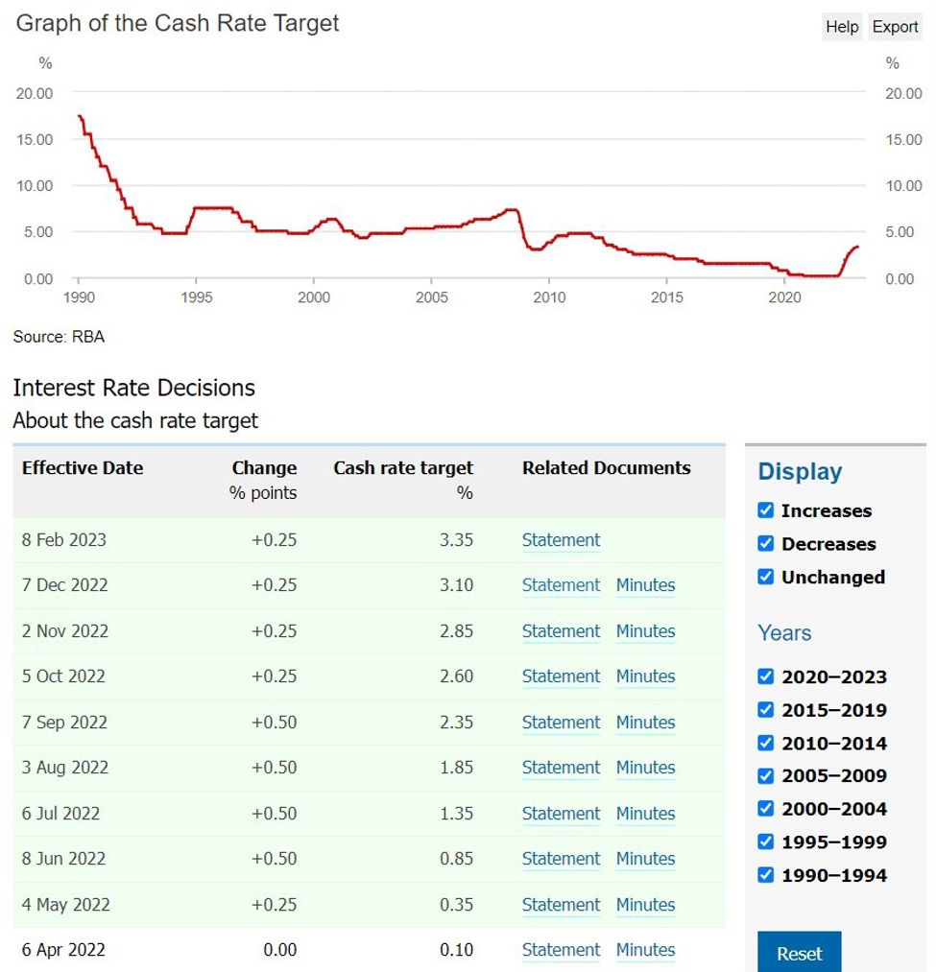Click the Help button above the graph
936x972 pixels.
coord(841,27)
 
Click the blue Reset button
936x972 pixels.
coord(799,953)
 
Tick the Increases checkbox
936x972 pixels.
coord(765,510)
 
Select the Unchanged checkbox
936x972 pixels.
coord(765,577)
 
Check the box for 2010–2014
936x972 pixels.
coord(765,743)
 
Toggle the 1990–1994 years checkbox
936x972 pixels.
coord(765,875)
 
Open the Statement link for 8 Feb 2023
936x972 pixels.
coord(561,540)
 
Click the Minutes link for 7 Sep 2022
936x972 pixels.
coord(645,723)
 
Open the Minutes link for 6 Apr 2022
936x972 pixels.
coord(645,950)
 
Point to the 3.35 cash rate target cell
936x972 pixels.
coord(456,540)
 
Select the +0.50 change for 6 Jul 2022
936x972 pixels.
coord(274,814)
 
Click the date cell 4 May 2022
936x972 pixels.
coord(65,905)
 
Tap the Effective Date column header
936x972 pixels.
coord(83,468)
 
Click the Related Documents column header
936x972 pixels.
coord(606,468)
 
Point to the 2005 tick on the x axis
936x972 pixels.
coord(432,297)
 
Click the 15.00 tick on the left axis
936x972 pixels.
coord(35,140)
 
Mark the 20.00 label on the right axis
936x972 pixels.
coord(902,93)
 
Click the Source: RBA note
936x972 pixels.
coord(59,337)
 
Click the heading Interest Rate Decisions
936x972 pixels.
coord(133,388)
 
